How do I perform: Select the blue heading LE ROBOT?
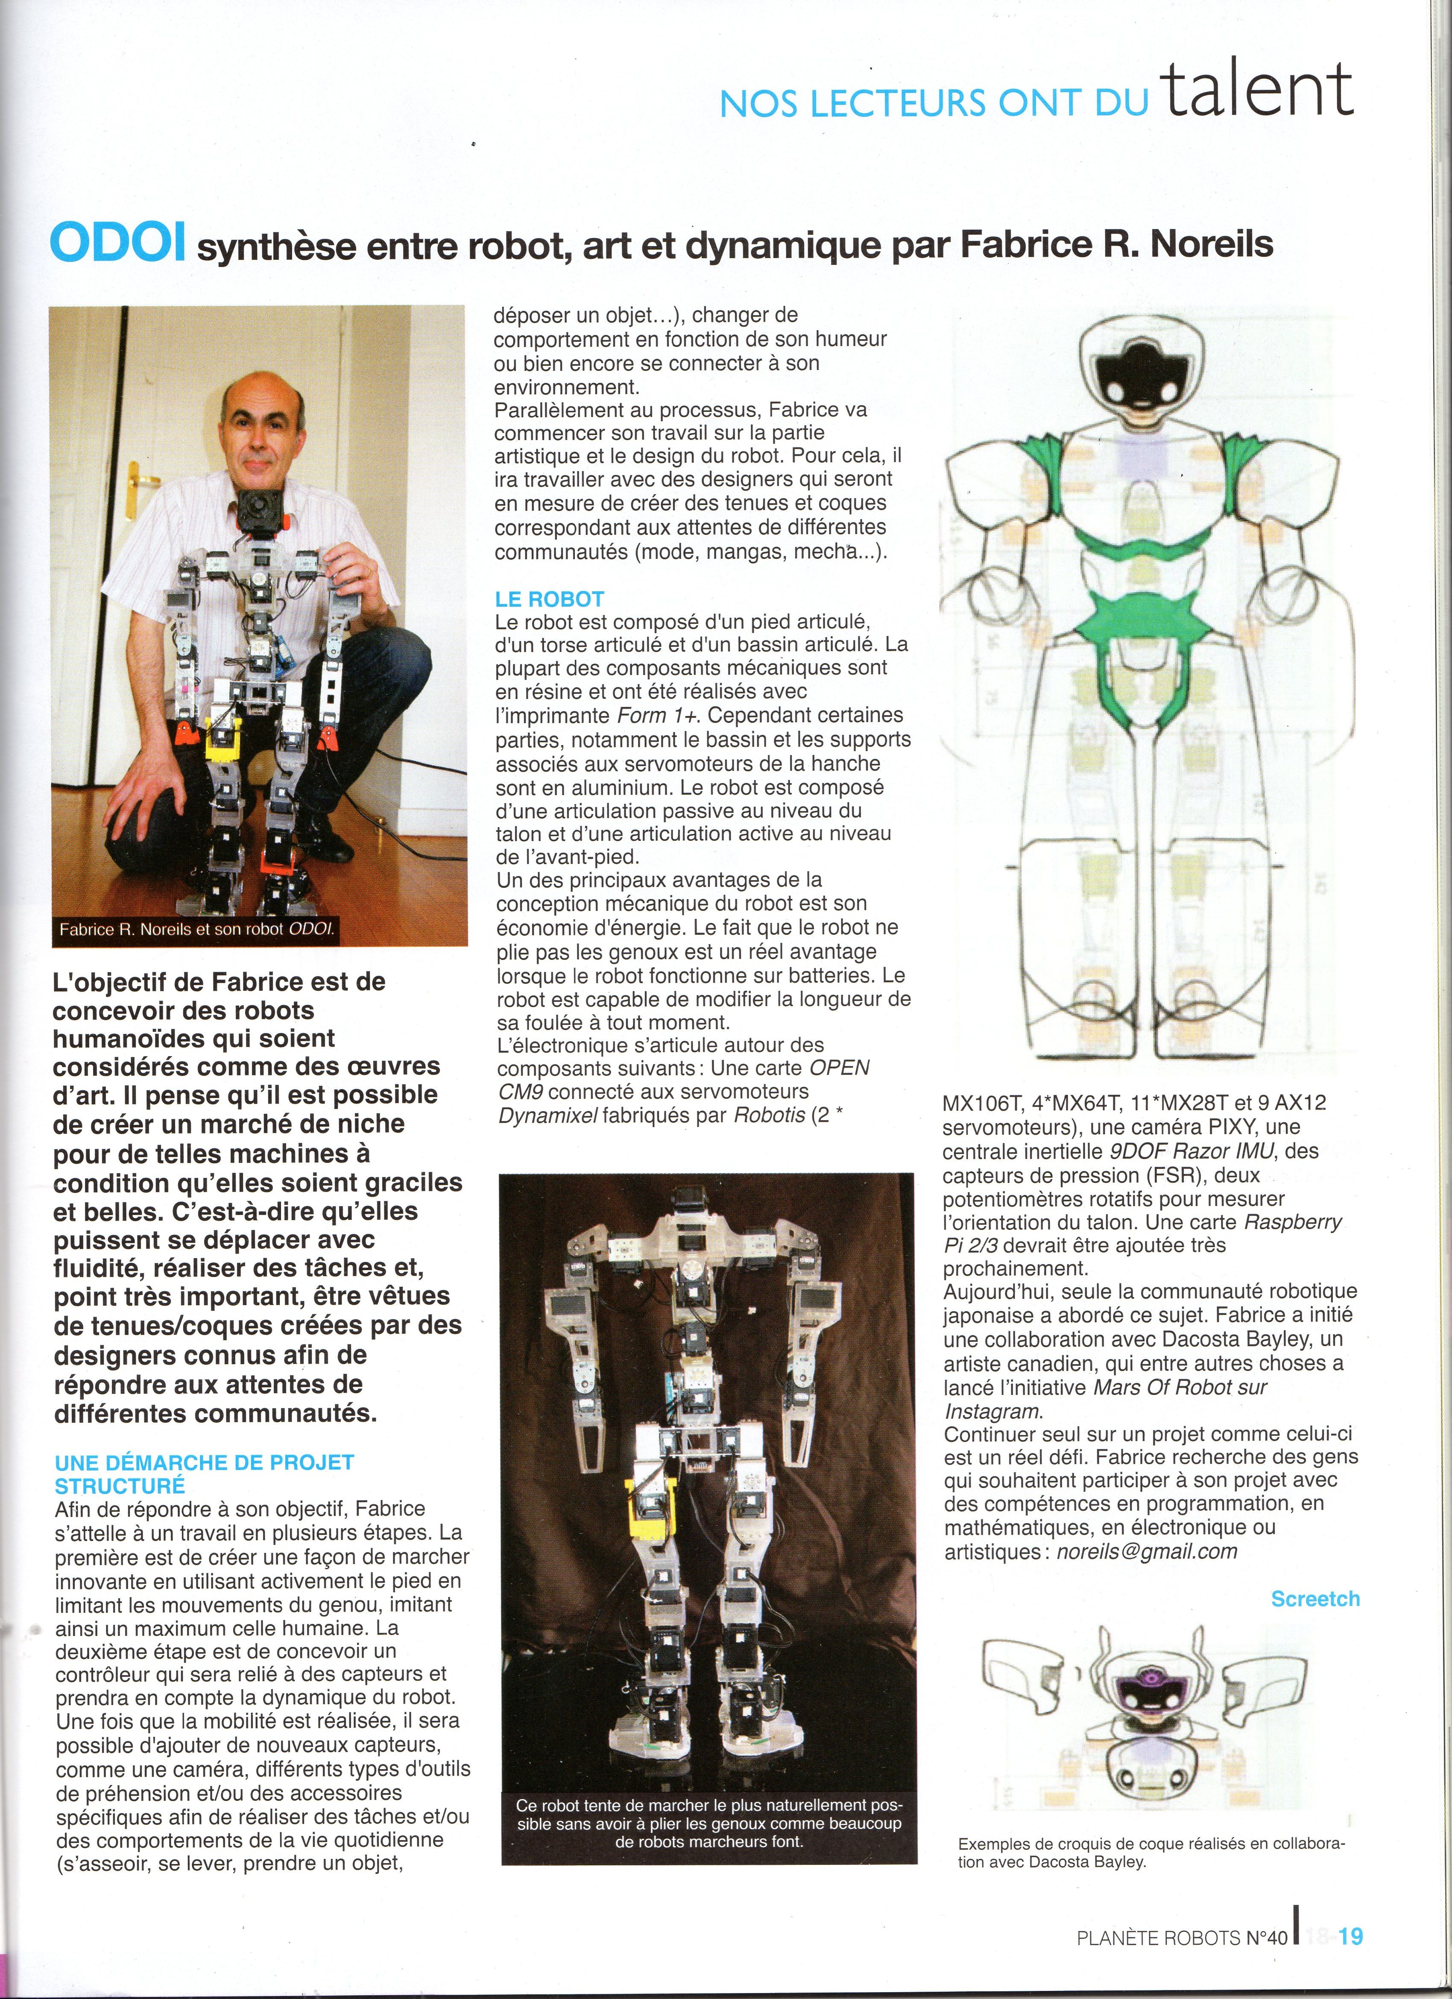tap(549, 599)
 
